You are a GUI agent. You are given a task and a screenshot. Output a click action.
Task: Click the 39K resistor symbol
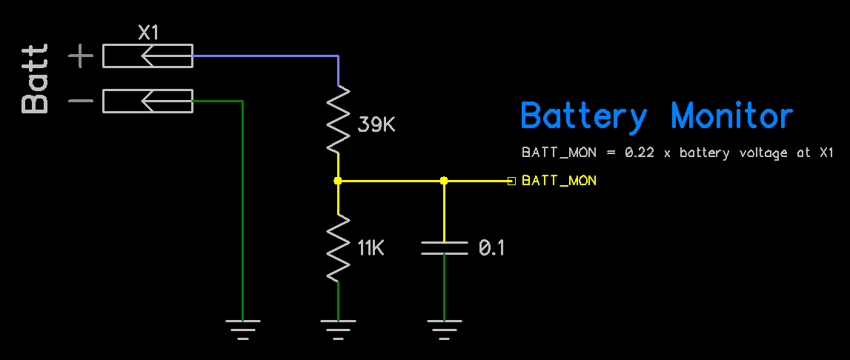point(338,119)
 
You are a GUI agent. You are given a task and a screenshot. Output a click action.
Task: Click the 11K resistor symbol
point(338,248)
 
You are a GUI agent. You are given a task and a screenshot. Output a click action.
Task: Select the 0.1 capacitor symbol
point(444,247)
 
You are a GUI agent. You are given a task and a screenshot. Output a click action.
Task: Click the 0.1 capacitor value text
point(491,248)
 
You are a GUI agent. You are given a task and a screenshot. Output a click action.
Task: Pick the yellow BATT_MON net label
point(559,181)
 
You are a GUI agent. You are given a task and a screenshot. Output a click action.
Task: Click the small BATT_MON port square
point(511,181)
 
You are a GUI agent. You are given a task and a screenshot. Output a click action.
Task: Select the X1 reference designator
point(148,33)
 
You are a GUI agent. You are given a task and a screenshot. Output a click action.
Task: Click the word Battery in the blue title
point(583,117)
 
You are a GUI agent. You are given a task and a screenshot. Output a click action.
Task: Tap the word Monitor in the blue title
point(731,117)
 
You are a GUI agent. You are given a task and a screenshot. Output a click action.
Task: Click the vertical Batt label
point(36,79)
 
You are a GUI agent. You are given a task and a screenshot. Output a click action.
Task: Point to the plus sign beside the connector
point(81,56)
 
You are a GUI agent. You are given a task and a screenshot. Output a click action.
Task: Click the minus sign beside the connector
point(81,101)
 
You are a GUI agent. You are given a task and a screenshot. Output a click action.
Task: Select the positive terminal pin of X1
point(147,56)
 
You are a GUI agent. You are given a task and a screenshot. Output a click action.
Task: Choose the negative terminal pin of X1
point(147,101)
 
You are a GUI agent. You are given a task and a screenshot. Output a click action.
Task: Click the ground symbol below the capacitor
point(444,327)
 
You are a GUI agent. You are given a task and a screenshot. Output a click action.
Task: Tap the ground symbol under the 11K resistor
point(338,327)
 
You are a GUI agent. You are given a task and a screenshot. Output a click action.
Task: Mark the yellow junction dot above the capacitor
point(444,181)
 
